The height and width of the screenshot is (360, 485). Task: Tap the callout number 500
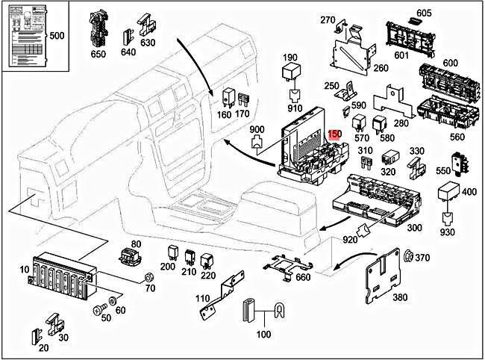[x=57, y=36]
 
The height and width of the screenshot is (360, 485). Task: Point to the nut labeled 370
[x=409, y=258]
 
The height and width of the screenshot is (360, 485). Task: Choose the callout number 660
[x=303, y=277]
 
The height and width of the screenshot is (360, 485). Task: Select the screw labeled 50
[x=98, y=308]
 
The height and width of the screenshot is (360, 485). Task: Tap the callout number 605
[x=445, y=13]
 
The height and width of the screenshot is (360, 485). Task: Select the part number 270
[x=328, y=20]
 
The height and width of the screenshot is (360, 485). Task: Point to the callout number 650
[x=98, y=54]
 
